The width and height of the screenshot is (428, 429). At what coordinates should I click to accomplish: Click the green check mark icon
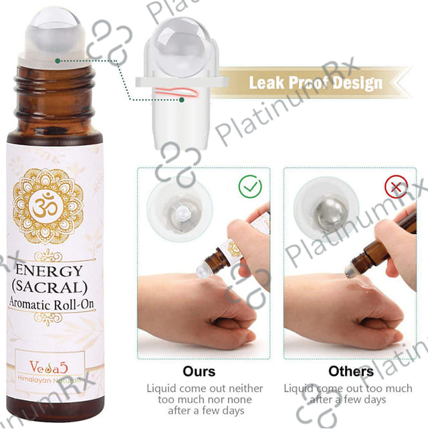tap(250, 187)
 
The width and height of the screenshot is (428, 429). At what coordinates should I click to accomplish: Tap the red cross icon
tap(396, 187)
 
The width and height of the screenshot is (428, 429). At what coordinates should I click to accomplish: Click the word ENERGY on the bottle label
tap(49, 270)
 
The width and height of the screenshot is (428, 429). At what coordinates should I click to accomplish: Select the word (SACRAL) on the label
tap(49, 287)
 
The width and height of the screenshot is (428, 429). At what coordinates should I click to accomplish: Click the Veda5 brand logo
tap(48, 367)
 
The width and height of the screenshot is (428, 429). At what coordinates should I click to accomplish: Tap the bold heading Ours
tap(199, 371)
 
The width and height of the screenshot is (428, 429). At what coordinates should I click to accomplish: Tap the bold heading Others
tap(351, 371)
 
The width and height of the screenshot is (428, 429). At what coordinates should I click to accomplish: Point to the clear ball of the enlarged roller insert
tap(181, 46)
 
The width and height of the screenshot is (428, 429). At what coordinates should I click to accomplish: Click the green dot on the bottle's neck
tap(58, 61)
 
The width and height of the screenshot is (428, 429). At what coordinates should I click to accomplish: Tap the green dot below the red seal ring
tap(181, 100)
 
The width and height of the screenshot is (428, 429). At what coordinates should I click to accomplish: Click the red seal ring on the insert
tap(177, 92)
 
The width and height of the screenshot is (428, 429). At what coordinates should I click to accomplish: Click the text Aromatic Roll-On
tap(51, 304)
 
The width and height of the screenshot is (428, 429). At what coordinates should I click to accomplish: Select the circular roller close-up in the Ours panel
tap(180, 209)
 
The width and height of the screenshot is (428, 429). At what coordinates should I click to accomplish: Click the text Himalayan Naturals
tap(49, 380)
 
